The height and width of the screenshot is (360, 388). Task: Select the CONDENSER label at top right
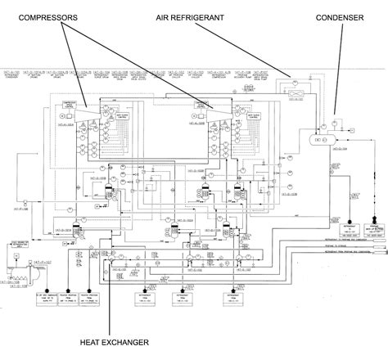coord(335,16)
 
